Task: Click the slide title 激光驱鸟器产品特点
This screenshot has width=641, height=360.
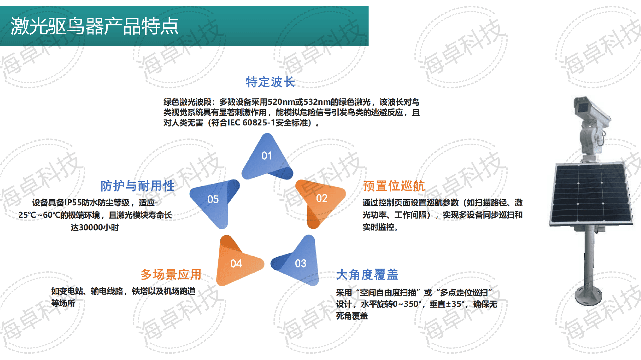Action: pyautogui.click(x=95, y=26)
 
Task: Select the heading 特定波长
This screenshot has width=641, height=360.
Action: pyautogui.click(x=270, y=82)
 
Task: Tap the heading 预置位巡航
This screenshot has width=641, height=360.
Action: pyautogui.click(x=394, y=186)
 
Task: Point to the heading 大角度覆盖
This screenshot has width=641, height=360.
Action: pyautogui.click(x=367, y=275)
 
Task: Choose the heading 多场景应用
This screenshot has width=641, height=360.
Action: pyautogui.click(x=171, y=275)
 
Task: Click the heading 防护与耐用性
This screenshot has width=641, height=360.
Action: pyautogui.click(x=138, y=186)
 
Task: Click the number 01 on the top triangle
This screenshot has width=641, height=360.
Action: pyautogui.click(x=267, y=156)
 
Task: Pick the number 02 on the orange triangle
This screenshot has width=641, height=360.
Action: pyautogui.click(x=322, y=199)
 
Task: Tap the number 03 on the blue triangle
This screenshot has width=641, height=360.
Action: pyautogui.click(x=301, y=264)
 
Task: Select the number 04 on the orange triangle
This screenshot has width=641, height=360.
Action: pyautogui.click(x=236, y=264)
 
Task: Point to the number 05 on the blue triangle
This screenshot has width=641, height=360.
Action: pyautogui.click(x=213, y=200)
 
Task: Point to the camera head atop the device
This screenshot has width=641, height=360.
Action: pyautogui.click(x=590, y=108)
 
